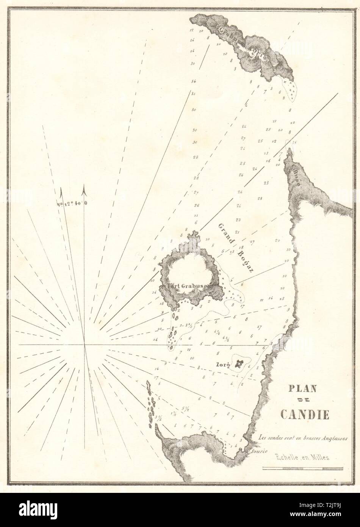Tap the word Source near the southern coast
point(259,451)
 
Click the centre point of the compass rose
point(84,345)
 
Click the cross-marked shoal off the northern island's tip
point(291,90)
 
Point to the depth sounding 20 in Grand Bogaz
point(277,240)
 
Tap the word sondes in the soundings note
point(275,437)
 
